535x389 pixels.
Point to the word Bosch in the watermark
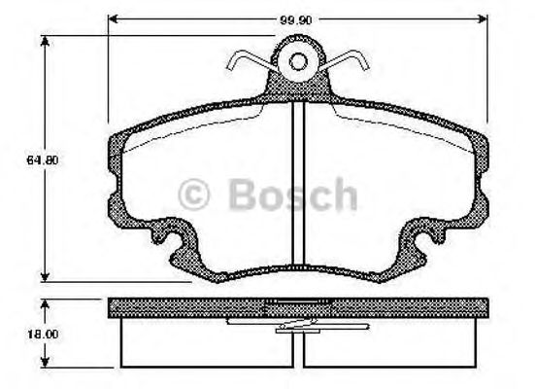tap(291, 195)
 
